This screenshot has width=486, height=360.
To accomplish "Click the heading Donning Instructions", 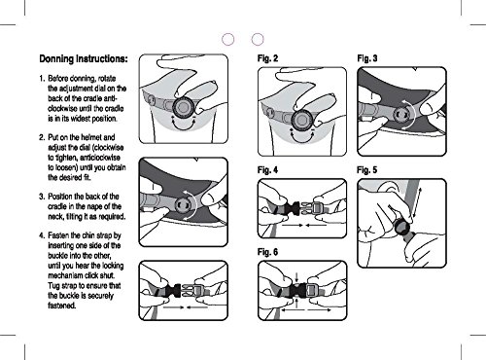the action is pos(84,59).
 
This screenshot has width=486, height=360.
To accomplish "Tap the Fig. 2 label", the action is pos(267,58).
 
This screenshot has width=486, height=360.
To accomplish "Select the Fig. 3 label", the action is pos(367,58).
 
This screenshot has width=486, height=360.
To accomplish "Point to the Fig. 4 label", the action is pos(267,170).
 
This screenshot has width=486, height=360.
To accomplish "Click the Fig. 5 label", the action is pos(367,170).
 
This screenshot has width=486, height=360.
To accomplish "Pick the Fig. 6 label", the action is pos(267,252).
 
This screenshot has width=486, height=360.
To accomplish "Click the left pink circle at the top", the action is pos(228,39).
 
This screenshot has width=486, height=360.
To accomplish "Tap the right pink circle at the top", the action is pos(258,39).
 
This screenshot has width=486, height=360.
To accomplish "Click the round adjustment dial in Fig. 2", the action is pos(302,121).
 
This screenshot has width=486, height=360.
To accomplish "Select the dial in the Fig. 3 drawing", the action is pos(401,114).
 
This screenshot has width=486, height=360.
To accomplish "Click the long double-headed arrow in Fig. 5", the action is pos(416,203).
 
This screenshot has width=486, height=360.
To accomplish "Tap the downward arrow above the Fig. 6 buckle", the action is pos(297,277).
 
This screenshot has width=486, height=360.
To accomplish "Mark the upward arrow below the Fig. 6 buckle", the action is pos(297,303).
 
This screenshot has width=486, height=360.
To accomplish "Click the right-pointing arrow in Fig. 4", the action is pos(293,225).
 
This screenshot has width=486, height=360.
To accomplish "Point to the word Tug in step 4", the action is pos(53,286).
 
